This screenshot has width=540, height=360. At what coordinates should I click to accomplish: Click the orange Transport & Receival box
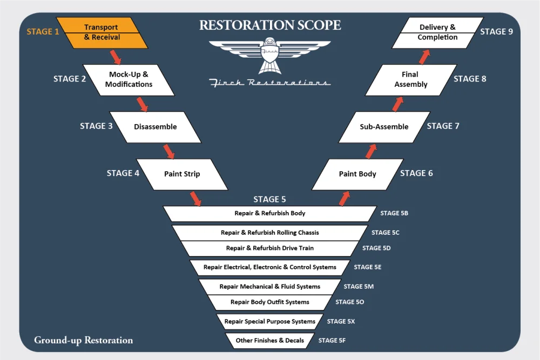(x=101, y=32)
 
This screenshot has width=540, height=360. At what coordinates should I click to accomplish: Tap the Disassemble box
(x=155, y=127)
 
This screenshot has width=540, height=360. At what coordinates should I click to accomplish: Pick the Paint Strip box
(x=182, y=174)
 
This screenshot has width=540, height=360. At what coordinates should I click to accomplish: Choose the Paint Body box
(x=357, y=174)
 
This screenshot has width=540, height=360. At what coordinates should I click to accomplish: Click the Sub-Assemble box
(x=384, y=127)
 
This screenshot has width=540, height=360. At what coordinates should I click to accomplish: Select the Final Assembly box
(x=411, y=79)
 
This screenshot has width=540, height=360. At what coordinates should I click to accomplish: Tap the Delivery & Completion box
(x=437, y=32)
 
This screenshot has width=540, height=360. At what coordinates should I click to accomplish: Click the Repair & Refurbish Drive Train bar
(x=270, y=248)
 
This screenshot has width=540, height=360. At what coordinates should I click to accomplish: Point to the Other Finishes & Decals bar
(x=270, y=341)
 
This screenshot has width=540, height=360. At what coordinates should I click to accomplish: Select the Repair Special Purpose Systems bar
(x=270, y=322)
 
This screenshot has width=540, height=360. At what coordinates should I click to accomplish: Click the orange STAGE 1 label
(x=43, y=32)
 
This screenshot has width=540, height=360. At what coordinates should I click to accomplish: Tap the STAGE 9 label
(x=497, y=32)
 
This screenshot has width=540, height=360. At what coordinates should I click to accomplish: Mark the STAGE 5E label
(x=370, y=267)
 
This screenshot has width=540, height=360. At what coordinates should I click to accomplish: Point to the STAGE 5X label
(x=341, y=322)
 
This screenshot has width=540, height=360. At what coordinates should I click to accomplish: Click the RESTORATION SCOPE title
(x=270, y=25)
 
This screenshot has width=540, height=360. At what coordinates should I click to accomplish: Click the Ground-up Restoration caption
(x=83, y=340)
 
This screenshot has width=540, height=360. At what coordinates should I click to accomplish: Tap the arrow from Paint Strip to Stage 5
(x=195, y=199)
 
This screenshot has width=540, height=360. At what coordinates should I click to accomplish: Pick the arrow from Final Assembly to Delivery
(x=424, y=56)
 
